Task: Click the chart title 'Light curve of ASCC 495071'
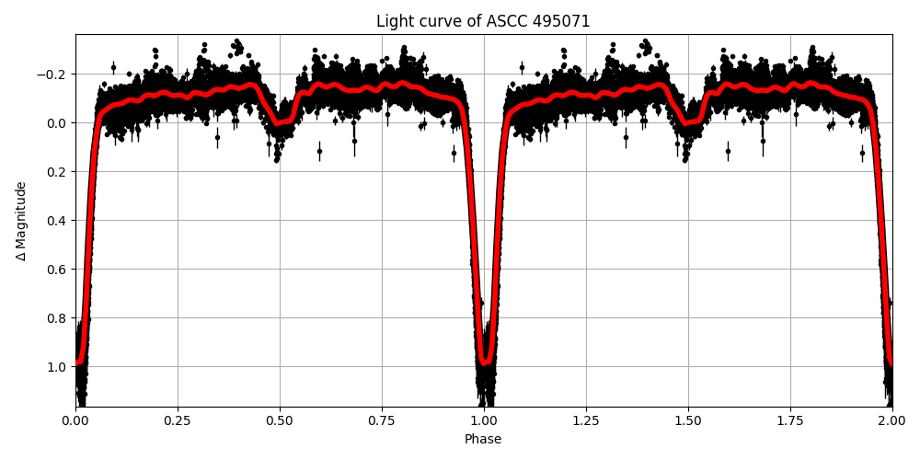[x=483, y=21]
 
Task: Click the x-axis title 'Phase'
[x=483, y=440]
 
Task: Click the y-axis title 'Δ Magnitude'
[x=21, y=221]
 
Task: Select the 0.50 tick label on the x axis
[x=280, y=420]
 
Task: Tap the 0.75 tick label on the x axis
[x=382, y=420]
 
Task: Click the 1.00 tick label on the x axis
[x=484, y=420]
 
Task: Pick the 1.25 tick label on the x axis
[x=586, y=420]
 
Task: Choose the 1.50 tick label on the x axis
[x=688, y=420]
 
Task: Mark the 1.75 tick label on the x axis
[x=790, y=420]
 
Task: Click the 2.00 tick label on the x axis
[x=891, y=420]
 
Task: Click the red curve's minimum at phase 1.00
[x=485, y=362]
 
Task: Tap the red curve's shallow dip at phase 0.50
[x=280, y=121]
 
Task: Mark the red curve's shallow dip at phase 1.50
[x=688, y=121]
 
